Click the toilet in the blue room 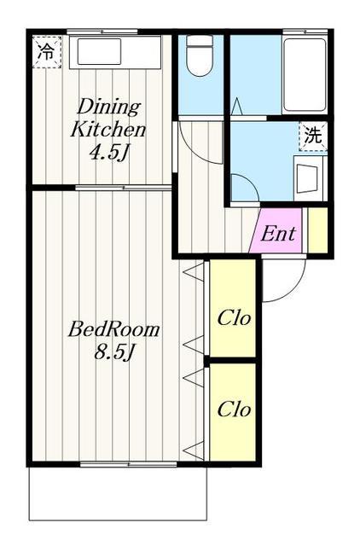pos(200,55)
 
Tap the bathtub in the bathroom pos(305,75)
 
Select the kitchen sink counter pos(115,51)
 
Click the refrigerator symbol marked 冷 pos(47,51)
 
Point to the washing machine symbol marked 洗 pos(312,136)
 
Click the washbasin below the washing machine pos(308,177)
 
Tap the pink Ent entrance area pos(276,230)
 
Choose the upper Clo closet pos(233,308)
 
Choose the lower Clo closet pos(233,412)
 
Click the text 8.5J pos(113,352)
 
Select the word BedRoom pos(113,329)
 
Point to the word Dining pos(108,107)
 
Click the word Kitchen pos(108,130)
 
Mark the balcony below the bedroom pos(118,493)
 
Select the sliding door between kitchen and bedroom pos(124,188)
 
